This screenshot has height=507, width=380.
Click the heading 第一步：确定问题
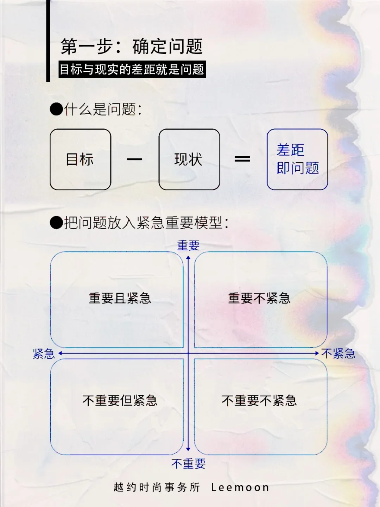pyautogui.click(x=132, y=46)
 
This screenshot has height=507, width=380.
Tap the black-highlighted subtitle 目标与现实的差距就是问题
pyautogui.click(x=132, y=69)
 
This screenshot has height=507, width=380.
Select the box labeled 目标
pyautogui.click(x=80, y=159)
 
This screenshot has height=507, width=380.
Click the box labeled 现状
pyautogui.click(x=189, y=159)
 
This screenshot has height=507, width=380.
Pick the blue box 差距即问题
pyautogui.click(x=297, y=159)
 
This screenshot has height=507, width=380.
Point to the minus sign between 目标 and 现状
pyautogui.click(x=134, y=159)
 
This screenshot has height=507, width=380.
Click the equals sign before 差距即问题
pyautogui.click(x=242, y=159)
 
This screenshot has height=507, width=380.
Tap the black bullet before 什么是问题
pyautogui.click(x=56, y=109)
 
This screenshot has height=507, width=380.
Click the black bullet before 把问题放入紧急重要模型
pyautogui.click(x=56, y=223)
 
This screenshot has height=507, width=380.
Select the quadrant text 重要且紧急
pyautogui.click(x=120, y=299)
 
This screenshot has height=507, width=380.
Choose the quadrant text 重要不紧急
pyautogui.click(x=259, y=299)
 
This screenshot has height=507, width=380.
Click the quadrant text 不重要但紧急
pyautogui.click(x=120, y=401)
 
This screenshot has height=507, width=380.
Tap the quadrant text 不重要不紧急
pyautogui.click(x=259, y=401)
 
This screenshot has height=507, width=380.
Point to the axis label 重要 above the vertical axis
pyautogui.click(x=188, y=245)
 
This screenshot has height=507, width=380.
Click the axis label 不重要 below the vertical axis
pyautogui.click(x=188, y=464)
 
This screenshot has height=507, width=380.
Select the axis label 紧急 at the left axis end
pyautogui.click(x=44, y=353)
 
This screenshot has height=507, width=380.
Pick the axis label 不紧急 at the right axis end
pyautogui.click(x=338, y=353)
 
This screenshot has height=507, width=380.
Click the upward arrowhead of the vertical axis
pyautogui.click(x=188, y=258)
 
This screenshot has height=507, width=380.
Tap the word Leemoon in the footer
pyautogui.click(x=240, y=488)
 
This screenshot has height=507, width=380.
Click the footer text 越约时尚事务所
pyautogui.click(x=157, y=488)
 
